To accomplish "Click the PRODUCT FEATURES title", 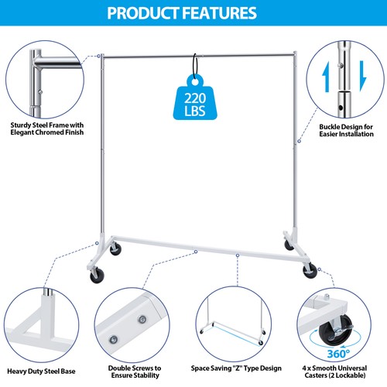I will click(193, 13).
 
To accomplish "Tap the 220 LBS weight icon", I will click(193, 98).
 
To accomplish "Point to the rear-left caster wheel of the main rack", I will click(116, 249).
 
